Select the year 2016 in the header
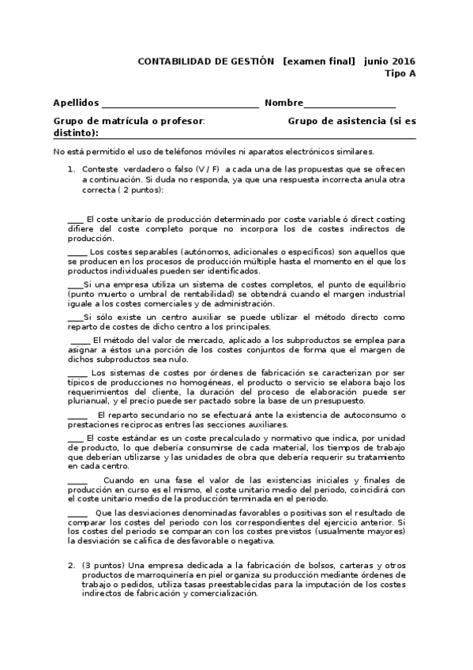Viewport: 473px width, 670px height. pos(402,61)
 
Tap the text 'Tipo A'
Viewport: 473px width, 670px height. pos(400,73)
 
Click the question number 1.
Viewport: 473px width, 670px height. pos(70,168)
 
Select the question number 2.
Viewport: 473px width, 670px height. pos(70,565)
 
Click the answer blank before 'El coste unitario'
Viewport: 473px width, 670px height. pos(75,219)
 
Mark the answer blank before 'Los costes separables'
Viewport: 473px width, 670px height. pos(77,251)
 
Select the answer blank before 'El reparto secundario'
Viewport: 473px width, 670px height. pos(77,414)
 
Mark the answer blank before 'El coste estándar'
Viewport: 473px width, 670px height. pos(75,437)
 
